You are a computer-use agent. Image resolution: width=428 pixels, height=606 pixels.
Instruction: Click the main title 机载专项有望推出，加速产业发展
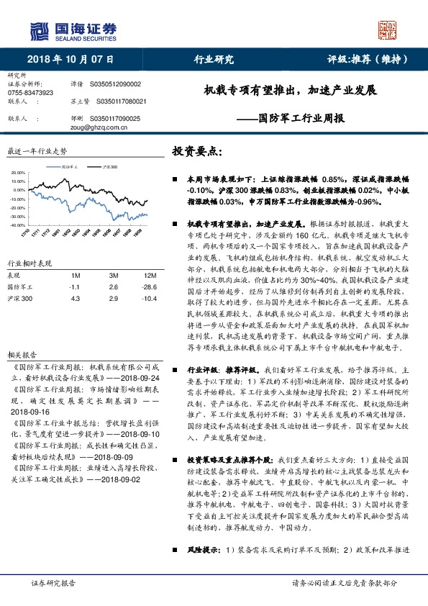pyautogui.click(x=290, y=91)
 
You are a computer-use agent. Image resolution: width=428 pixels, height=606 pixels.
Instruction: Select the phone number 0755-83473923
pyautogui.click(x=29, y=93)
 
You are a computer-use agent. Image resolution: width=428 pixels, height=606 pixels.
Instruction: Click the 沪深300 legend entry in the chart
pyautogui.click(x=110, y=166)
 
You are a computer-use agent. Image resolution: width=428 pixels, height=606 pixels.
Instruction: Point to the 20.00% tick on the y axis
pyautogui.click(x=19, y=173)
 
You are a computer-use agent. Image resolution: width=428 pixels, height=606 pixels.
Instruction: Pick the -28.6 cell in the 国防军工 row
pyautogui.click(x=150, y=286)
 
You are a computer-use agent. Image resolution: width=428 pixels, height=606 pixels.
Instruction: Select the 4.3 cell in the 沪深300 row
pyautogui.click(x=74, y=297)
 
